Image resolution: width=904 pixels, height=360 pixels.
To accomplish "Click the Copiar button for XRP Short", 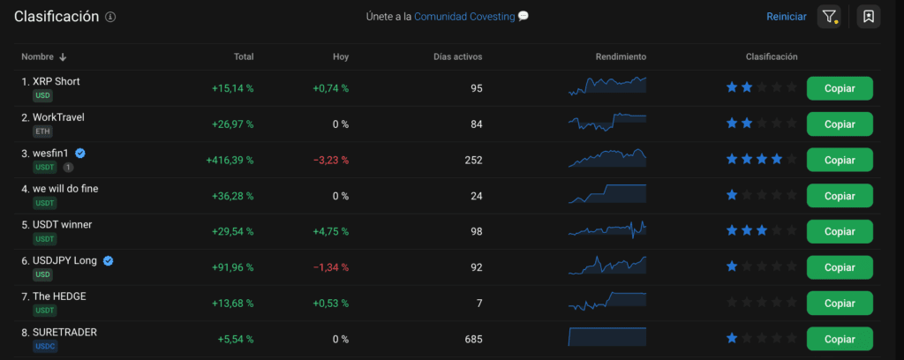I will [839, 88].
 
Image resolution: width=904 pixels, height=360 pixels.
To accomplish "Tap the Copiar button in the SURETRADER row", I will [839, 339].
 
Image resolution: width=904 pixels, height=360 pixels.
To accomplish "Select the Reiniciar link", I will [786, 17].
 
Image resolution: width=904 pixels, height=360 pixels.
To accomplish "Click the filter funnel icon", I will [829, 17].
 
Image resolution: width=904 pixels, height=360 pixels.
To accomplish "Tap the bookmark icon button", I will [869, 17].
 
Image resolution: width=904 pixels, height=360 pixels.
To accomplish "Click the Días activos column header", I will [458, 57].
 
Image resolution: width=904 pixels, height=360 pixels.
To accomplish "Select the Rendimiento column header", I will [621, 57].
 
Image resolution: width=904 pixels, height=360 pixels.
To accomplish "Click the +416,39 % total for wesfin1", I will [230, 161].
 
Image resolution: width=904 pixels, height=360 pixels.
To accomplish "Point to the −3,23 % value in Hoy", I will [330, 161].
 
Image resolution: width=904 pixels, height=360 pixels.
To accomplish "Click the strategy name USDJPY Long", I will [65, 260].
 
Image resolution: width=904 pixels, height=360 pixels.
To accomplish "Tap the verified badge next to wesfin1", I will [80, 153].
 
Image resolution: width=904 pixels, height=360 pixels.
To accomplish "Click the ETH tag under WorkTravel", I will [42, 131].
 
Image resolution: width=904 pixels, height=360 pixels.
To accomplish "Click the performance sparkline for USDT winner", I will [607, 231].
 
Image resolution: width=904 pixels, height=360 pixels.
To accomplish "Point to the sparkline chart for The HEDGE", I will [607, 302].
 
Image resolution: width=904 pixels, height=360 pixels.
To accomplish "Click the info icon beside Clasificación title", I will [109, 18].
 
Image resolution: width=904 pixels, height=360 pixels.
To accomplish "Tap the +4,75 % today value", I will [330, 232].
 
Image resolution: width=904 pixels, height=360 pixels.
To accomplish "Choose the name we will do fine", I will [65, 188].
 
